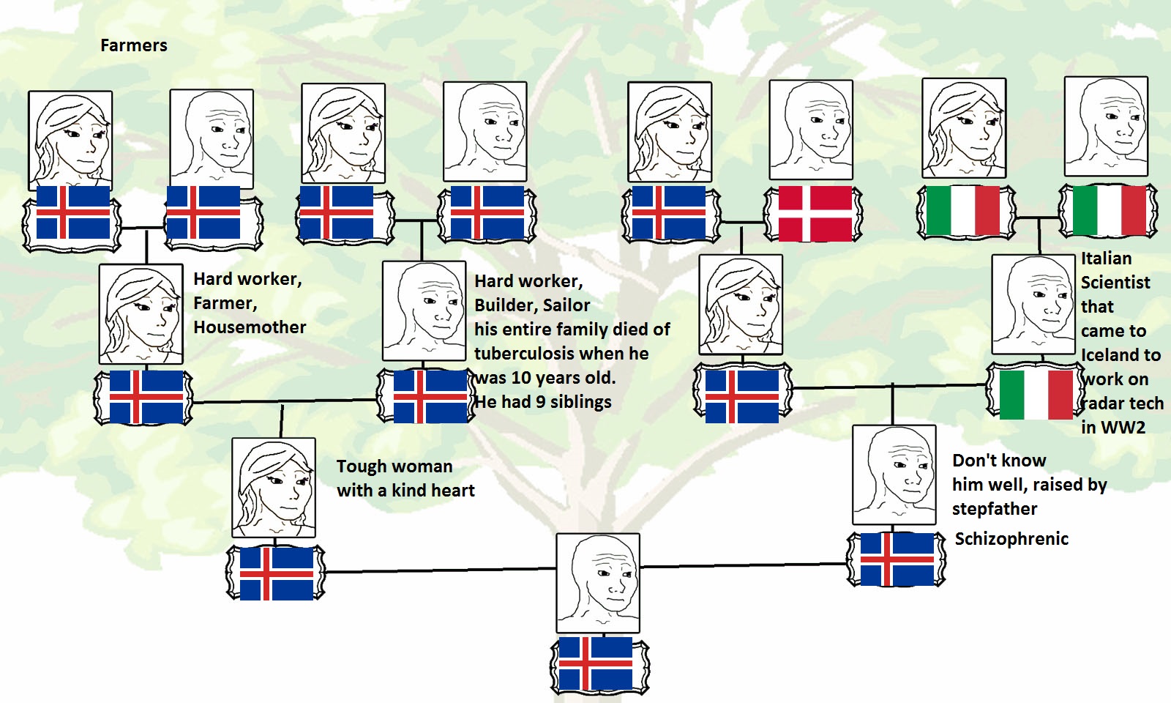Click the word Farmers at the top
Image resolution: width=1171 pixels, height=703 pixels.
134,45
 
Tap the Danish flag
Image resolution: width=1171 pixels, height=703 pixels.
815,214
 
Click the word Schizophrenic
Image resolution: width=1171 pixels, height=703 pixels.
1011,539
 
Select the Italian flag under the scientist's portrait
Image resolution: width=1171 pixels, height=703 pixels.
1036,395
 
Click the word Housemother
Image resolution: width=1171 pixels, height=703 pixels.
250,327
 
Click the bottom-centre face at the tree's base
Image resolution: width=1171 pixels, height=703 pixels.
598,583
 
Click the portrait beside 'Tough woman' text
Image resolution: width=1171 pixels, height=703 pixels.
274,487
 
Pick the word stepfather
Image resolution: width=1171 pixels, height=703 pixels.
995,509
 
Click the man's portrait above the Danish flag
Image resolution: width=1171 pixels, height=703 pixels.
811,130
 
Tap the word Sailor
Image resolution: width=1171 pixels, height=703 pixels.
566,305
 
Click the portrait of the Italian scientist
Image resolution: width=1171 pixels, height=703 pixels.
1033,304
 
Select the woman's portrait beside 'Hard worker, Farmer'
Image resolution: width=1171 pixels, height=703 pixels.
141,313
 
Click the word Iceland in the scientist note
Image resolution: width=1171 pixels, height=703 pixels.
1121,355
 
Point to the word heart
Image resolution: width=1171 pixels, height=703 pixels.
452,491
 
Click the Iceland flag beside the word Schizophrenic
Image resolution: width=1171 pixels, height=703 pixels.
897,559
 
